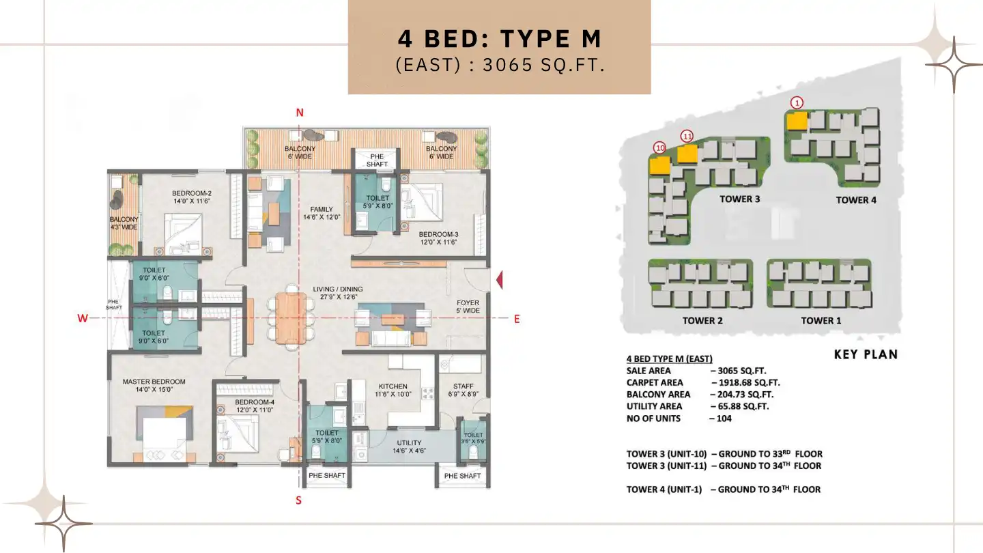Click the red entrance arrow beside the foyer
click(x=499, y=280)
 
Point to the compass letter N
click(x=299, y=113)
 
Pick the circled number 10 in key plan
click(x=659, y=147)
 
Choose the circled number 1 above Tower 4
click(x=797, y=102)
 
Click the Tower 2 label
click(x=702, y=321)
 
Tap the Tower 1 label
click(x=821, y=321)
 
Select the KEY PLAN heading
click(x=866, y=354)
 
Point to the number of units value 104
click(x=724, y=418)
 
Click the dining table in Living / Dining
click(x=291, y=317)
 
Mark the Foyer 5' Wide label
click(x=468, y=307)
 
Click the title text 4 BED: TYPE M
click(x=499, y=39)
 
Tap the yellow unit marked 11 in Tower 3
click(x=687, y=154)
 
